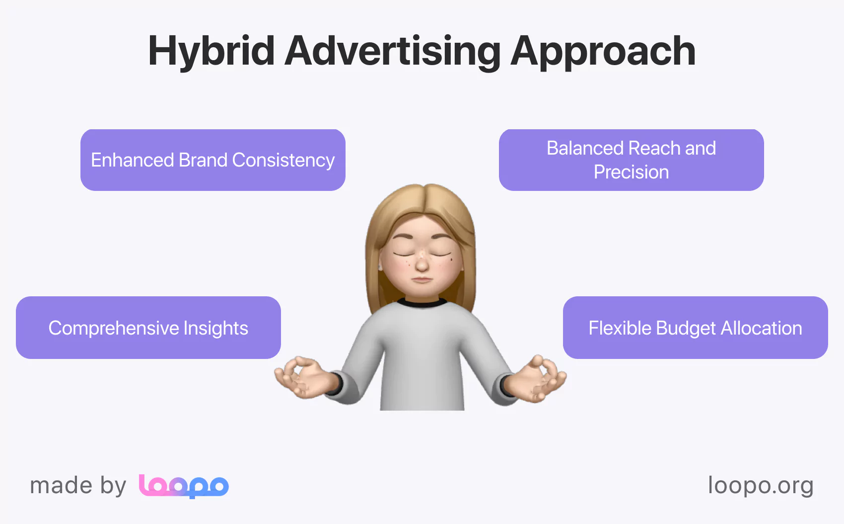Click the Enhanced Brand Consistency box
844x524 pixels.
tap(213, 160)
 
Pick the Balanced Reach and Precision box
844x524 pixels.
tap(631, 160)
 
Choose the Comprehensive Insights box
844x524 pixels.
tap(148, 328)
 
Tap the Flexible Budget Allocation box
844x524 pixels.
tap(695, 328)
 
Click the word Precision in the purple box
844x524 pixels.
tap(631, 172)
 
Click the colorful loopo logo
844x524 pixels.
tap(184, 486)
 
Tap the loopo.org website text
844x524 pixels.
tap(761, 486)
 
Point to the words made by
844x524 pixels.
tap(78, 486)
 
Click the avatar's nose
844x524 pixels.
tap(422, 262)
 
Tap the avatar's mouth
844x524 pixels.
tap(422, 279)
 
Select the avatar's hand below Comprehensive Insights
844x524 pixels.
tap(305, 377)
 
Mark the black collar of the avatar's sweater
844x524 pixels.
tap(422, 303)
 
